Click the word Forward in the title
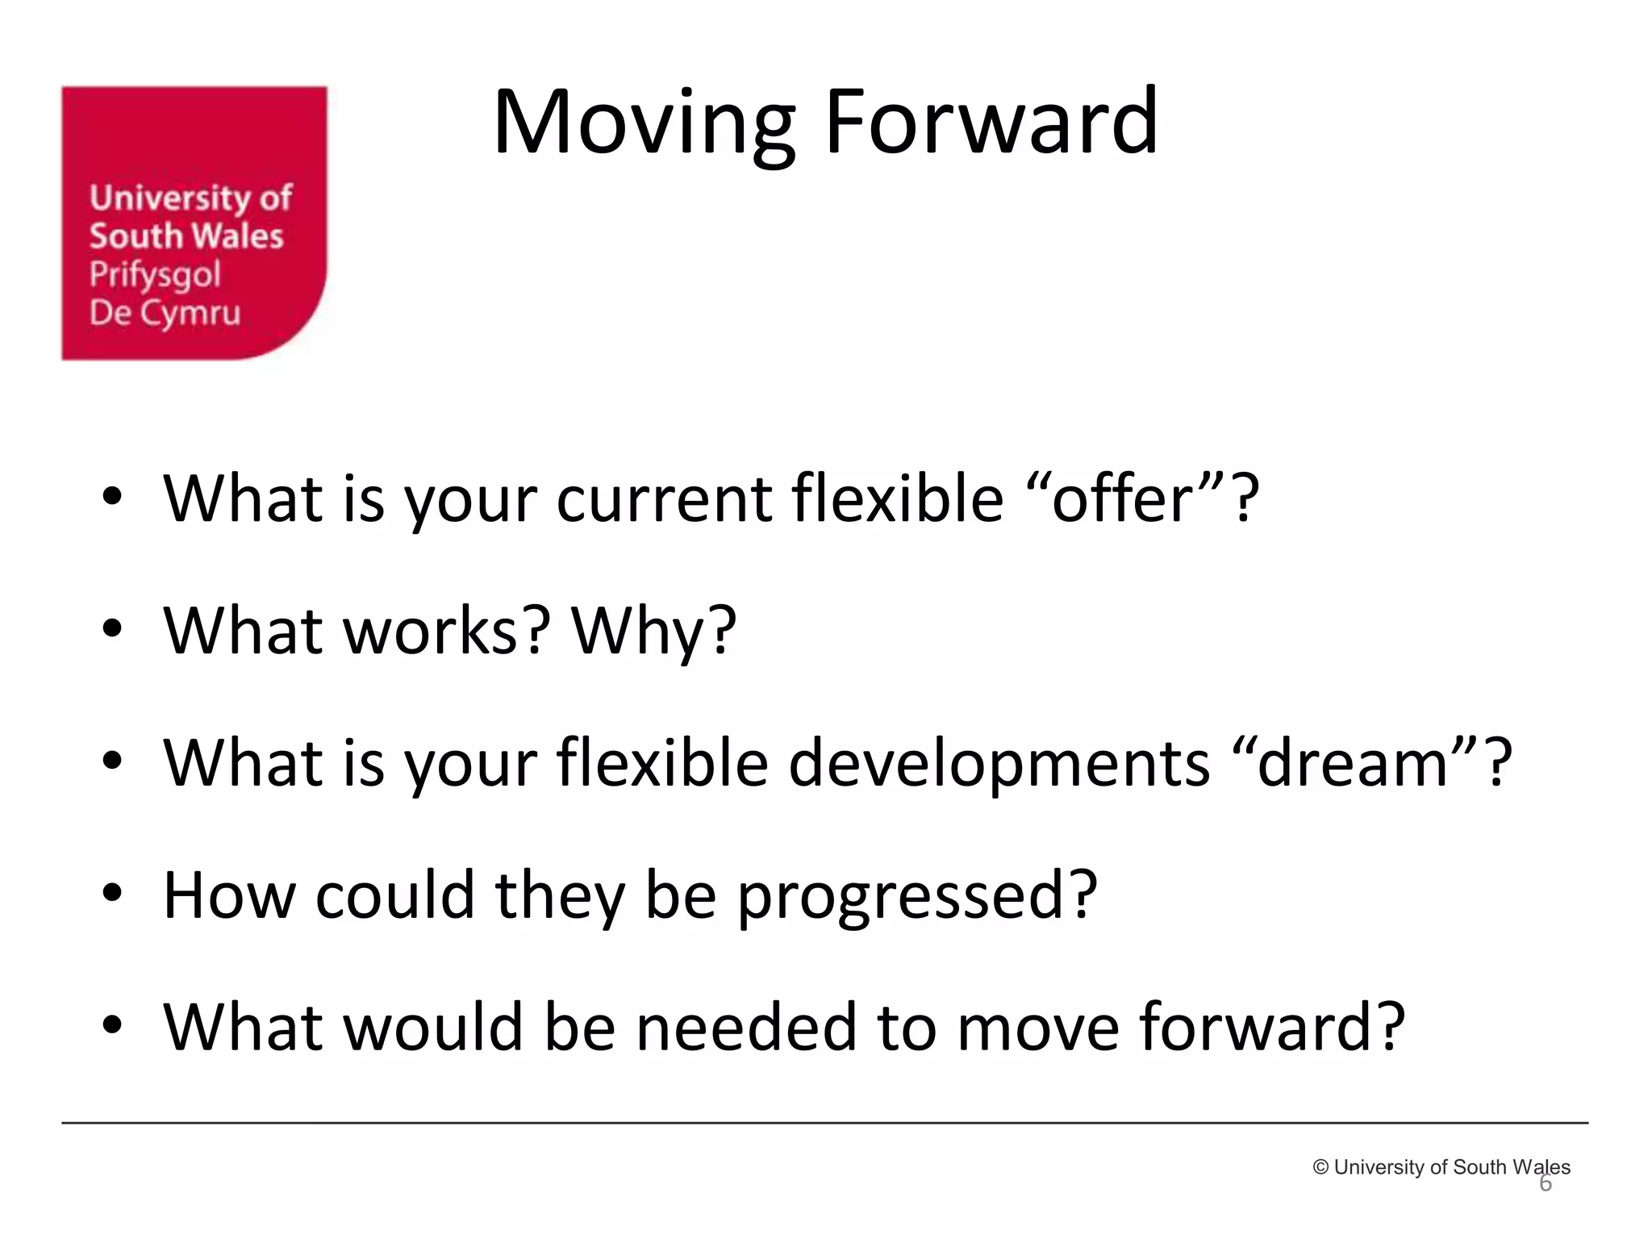(x=991, y=123)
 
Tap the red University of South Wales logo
(x=194, y=223)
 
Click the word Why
(x=654, y=631)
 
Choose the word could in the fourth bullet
(x=394, y=895)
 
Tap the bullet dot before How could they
(x=112, y=892)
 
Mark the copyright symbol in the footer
(x=1320, y=1167)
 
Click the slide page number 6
(x=1545, y=1184)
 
